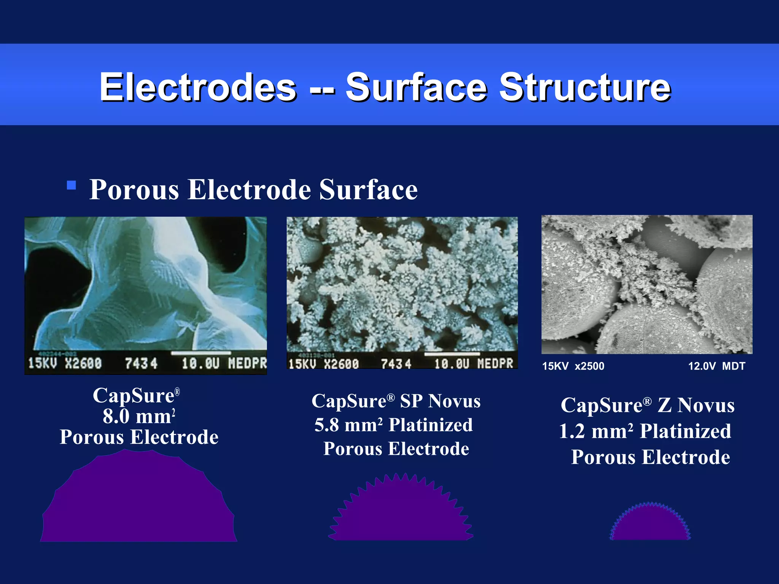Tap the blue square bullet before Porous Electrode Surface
click(71, 185)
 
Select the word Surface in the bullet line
click(368, 189)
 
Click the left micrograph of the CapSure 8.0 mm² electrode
click(146, 283)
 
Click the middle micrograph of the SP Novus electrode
click(402, 283)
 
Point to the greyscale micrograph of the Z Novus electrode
click(647, 284)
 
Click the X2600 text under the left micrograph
click(83, 363)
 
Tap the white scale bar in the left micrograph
click(201, 353)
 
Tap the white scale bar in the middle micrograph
click(452, 354)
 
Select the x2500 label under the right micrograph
click(589, 366)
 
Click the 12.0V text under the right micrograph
click(702, 366)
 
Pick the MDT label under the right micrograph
click(734, 366)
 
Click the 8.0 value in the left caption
click(116, 416)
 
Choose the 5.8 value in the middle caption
click(327, 425)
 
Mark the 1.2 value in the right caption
click(572, 432)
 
